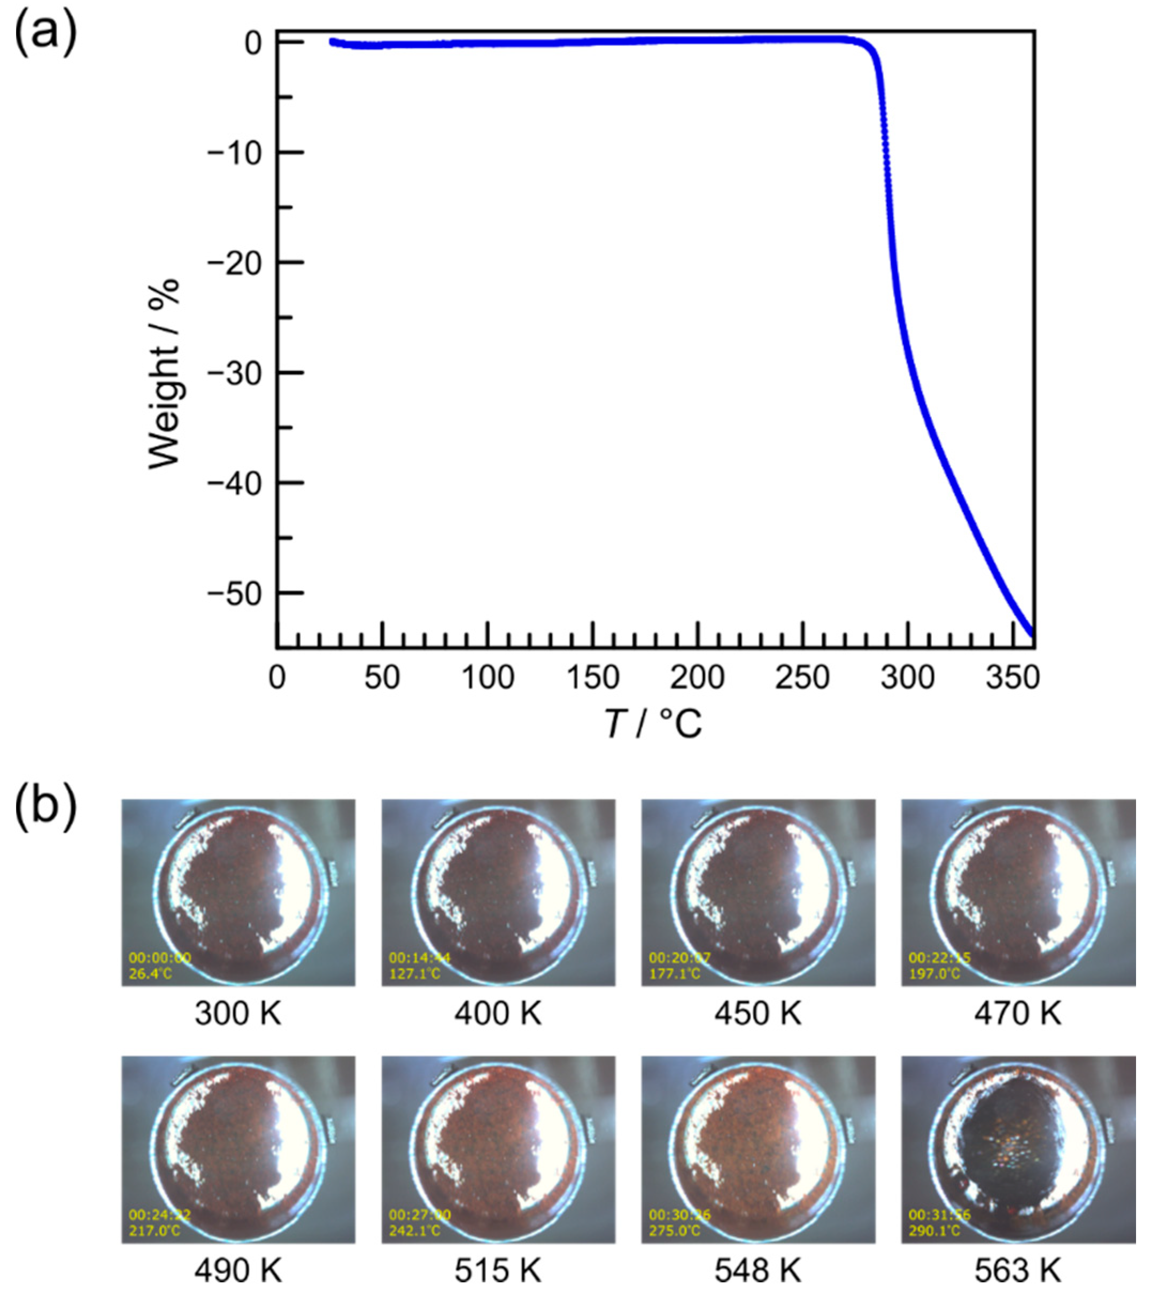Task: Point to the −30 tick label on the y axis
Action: (234, 373)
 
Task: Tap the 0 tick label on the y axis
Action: (253, 43)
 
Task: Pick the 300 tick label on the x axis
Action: (908, 678)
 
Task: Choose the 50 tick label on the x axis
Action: (382, 678)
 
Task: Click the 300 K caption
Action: (238, 1013)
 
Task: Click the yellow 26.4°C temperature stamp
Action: (151, 972)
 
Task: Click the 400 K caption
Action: (498, 1013)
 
